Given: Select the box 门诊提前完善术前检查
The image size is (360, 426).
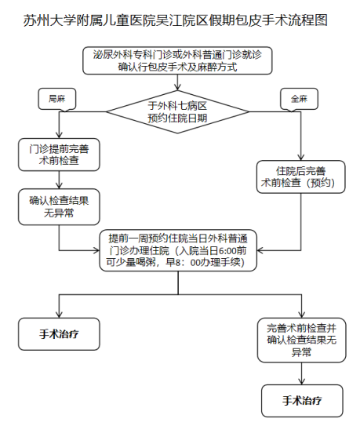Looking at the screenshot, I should click(58, 155).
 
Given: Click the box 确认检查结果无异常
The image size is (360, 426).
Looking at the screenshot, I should click(58, 206).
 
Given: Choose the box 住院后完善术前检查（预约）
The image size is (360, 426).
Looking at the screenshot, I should click(299, 177).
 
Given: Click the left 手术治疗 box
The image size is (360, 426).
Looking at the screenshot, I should click(58, 333).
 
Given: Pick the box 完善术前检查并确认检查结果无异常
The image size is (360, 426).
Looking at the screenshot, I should click(301, 340).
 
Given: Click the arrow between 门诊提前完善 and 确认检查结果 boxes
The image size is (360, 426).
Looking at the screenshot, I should click(58, 180).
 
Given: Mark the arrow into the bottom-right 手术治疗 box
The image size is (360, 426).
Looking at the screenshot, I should click(302, 374).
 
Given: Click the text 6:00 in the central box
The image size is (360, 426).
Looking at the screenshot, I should click(224, 250).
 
